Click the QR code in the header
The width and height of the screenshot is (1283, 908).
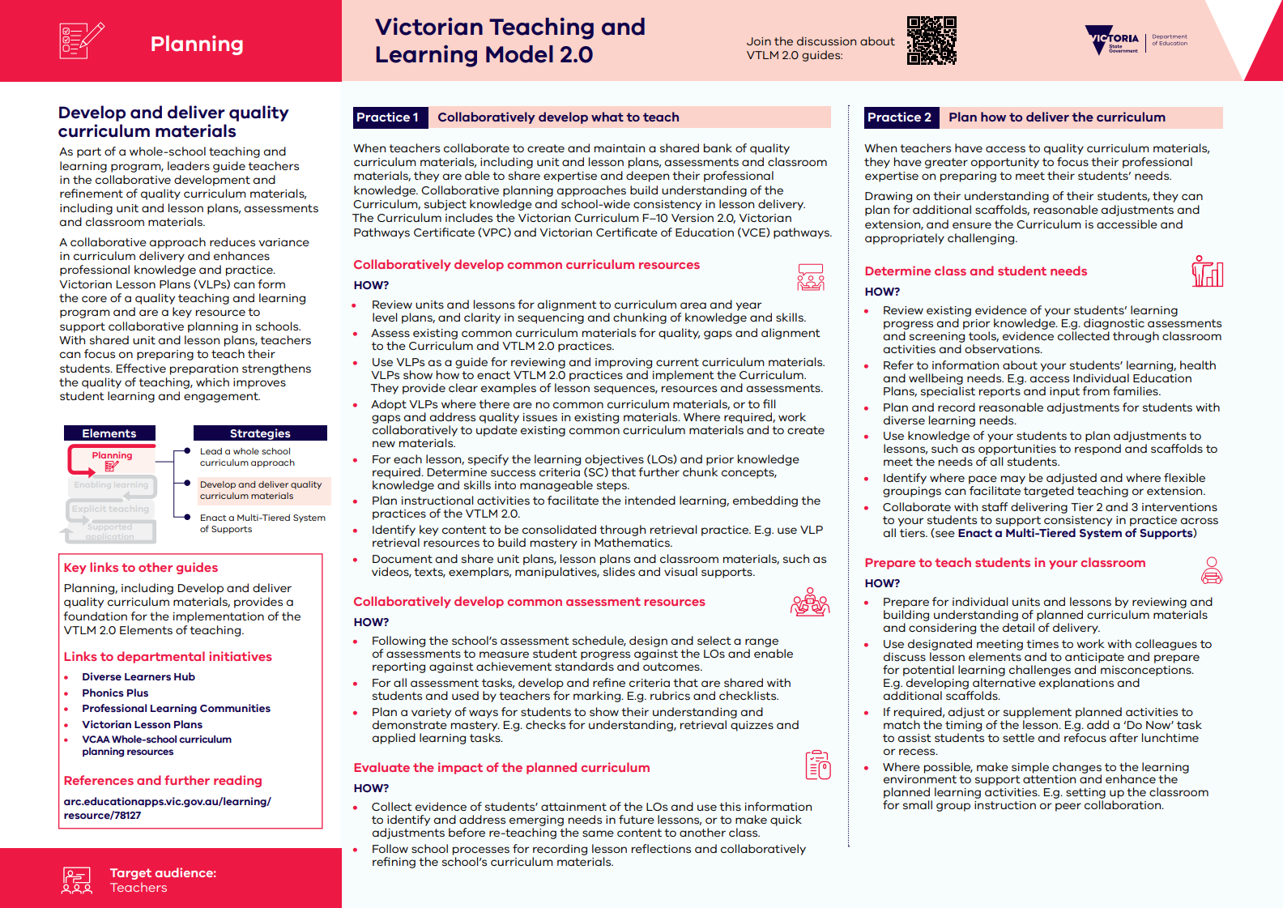pyautogui.click(x=931, y=40)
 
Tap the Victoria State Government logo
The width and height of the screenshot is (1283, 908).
pyautogui.click(x=1113, y=40)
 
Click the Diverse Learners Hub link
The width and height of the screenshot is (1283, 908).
pyautogui.click(x=139, y=677)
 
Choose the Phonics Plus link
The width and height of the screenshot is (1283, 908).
pyautogui.click(x=115, y=693)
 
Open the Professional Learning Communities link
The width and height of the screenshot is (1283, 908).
pyautogui.click(x=176, y=709)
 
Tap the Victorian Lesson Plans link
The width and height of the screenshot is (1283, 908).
pyautogui.click(x=142, y=725)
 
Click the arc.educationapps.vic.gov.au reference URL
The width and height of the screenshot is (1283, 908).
pyautogui.click(x=167, y=808)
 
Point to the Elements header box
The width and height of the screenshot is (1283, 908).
pyautogui.click(x=109, y=433)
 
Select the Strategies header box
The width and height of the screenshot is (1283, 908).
pyautogui.click(x=260, y=433)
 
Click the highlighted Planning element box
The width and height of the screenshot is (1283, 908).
pyautogui.click(x=112, y=460)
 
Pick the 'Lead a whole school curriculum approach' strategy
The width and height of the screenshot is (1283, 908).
pyautogui.click(x=246, y=457)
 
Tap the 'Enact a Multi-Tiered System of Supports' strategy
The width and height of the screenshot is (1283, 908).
pyautogui.click(x=262, y=523)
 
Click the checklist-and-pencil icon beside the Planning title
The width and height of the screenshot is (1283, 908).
pyautogui.click(x=82, y=40)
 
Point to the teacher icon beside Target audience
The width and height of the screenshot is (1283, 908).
pyautogui.click(x=77, y=880)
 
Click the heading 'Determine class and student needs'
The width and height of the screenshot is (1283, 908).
pyautogui.click(x=975, y=271)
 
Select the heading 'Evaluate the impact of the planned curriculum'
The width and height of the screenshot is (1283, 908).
pyautogui.click(x=501, y=768)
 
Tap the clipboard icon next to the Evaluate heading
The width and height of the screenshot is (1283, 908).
pyautogui.click(x=818, y=765)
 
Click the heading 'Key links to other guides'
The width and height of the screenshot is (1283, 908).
pyautogui.click(x=141, y=568)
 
